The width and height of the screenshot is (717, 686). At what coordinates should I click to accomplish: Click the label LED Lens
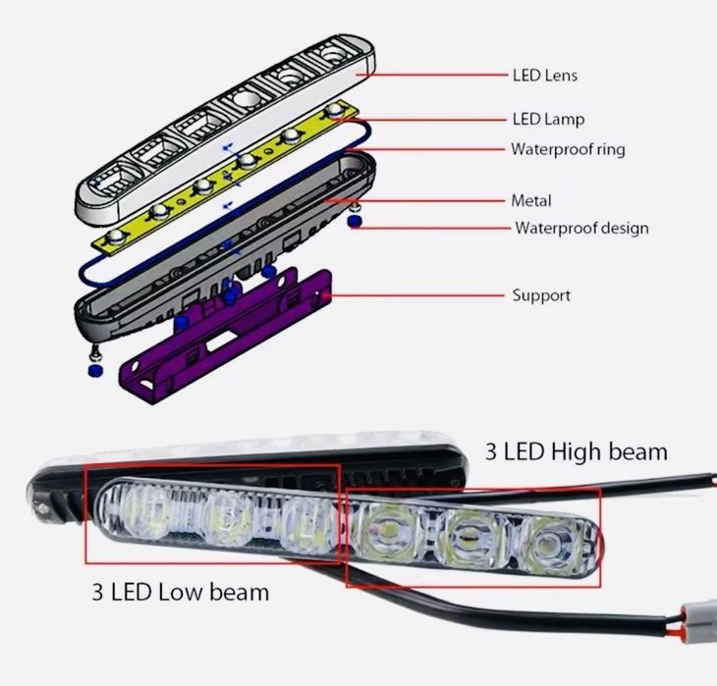[x=545, y=75]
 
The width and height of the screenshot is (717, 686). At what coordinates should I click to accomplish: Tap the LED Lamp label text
[x=548, y=119]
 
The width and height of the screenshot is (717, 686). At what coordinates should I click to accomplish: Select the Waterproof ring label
[x=568, y=149]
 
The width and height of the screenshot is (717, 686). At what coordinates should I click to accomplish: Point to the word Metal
[x=531, y=200]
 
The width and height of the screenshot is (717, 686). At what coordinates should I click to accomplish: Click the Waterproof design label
[x=582, y=229]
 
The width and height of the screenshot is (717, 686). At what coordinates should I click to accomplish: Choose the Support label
[x=541, y=294]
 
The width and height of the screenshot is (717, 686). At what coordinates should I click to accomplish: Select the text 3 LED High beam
[x=577, y=451]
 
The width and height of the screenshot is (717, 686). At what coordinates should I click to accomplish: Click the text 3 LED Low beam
[x=181, y=592]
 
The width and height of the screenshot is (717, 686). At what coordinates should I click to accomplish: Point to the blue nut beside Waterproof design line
[x=356, y=223]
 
